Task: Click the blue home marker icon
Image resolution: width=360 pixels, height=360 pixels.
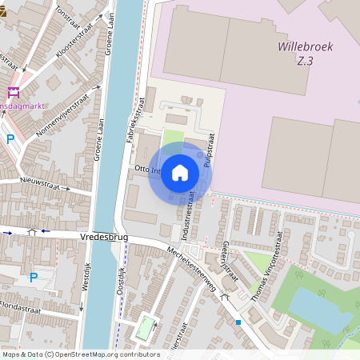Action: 180,173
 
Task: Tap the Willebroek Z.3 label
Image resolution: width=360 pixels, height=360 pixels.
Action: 305,53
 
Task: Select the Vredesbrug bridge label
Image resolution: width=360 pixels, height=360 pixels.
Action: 104,238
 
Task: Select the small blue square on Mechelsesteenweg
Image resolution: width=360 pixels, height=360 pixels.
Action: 238,322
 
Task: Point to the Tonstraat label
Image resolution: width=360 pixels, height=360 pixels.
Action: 68,12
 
